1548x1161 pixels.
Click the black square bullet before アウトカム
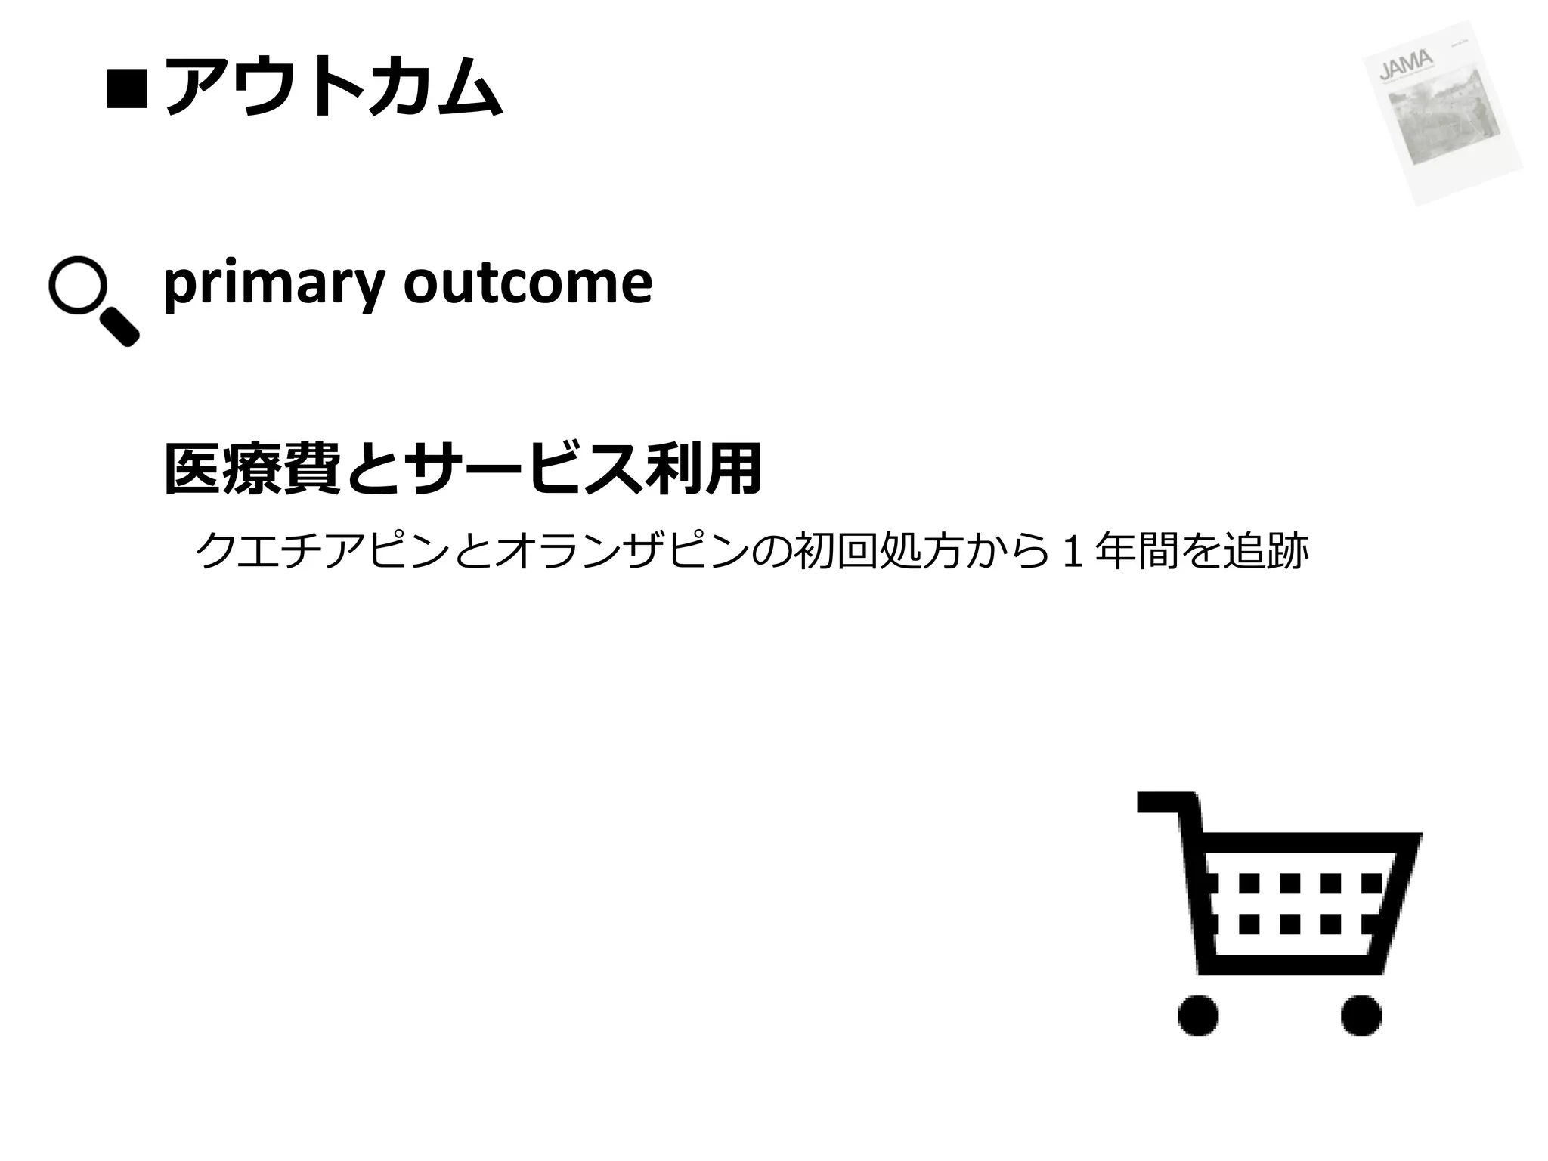(x=126, y=88)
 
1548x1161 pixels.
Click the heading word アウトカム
(x=333, y=87)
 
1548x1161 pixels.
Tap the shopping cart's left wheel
(x=1198, y=1015)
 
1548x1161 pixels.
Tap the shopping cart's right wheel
(x=1361, y=1015)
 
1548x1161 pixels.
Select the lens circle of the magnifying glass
(x=77, y=285)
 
